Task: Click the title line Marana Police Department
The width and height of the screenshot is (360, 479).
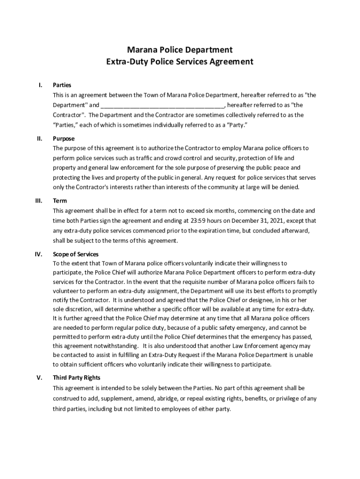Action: coord(180,49)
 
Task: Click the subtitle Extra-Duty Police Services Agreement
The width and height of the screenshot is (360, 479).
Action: coord(180,61)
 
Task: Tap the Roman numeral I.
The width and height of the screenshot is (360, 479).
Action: coord(40,85)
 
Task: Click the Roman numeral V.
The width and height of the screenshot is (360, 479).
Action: coord(40,377)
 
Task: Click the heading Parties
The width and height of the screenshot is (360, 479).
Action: coord(62,85)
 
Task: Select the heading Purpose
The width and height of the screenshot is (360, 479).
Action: coord(64,138)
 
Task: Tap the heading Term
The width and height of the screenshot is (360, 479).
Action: coord(60,201)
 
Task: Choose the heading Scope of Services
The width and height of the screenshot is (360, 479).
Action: coord(76,254)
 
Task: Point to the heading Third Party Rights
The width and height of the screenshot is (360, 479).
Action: coord(77,377)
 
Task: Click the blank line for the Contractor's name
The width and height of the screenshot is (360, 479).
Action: coord(163,105)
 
